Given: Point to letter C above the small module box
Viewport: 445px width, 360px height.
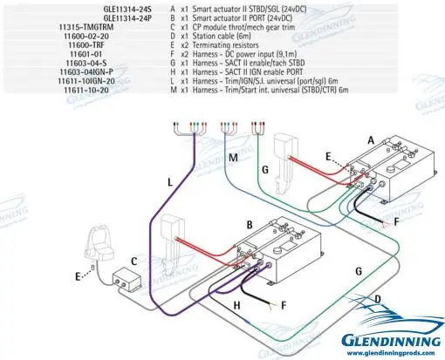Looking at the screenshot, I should pyautogui.click(x=134, y=261).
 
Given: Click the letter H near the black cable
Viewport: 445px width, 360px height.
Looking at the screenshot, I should pyautogui.click(x=236, y=305).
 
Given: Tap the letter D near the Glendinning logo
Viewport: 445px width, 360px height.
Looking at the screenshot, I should pyautogui.click(x=377, y=301).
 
